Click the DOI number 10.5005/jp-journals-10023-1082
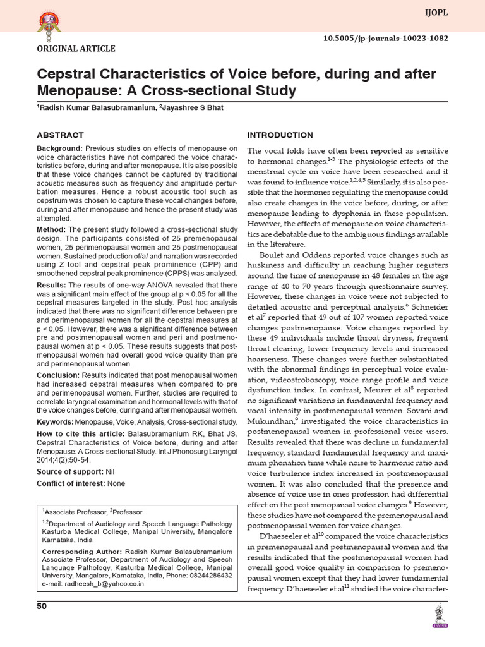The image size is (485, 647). coord(386,38)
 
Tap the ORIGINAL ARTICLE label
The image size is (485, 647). coord(76,49)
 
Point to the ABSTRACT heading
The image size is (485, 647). coord(60,135)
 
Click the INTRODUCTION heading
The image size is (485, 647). coord(280,135)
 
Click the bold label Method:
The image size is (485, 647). coord(51,229)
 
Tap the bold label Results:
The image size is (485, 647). coord(52,286)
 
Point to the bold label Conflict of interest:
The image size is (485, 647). coord(72,483)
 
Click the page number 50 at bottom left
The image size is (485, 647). coord(42,607)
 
